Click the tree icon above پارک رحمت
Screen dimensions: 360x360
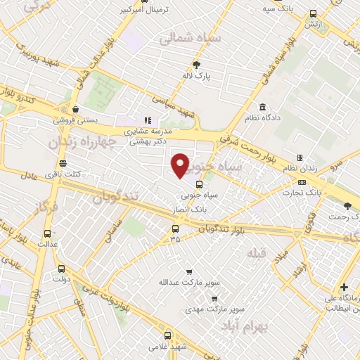pos(347,205)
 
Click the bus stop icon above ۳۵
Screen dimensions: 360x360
pos(175,228)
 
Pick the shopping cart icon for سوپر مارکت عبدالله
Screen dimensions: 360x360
pos(188,272)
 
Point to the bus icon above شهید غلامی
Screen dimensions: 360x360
pos(167,336)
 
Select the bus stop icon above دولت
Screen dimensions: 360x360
pos(60,268)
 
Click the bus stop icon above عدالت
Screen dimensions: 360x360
pos(47,233)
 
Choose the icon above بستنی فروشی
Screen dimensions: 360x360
pos(75,109)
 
